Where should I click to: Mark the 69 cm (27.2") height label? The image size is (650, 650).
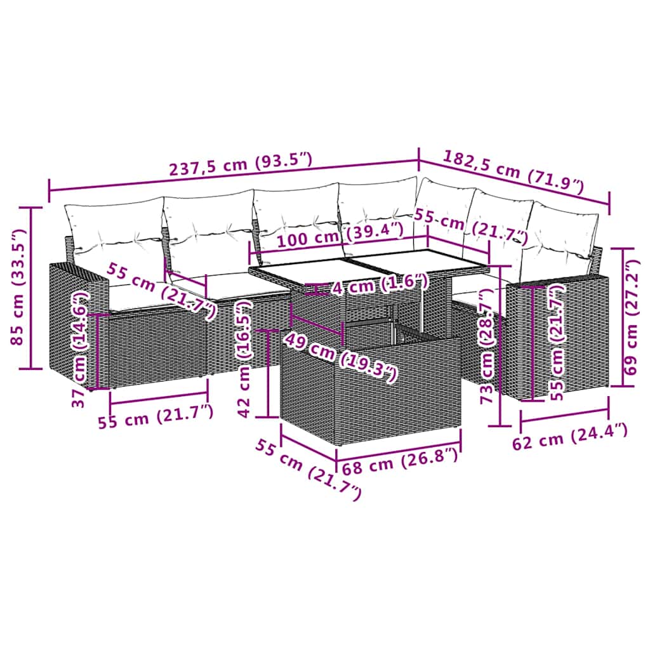coord(631,317)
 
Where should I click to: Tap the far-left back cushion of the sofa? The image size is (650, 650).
coord(114,232)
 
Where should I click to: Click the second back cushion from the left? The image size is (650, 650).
coord(209,229)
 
